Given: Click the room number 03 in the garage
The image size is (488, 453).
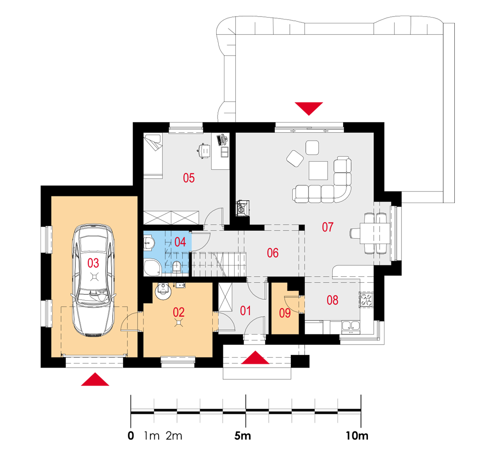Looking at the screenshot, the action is coord(93,263).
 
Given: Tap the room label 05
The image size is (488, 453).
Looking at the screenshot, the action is coord(188,178).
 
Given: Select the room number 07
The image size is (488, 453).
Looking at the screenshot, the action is coord(328,227).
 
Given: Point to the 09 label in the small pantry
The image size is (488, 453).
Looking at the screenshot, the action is coord(285,313).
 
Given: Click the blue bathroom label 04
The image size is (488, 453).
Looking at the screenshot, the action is coord(180,242).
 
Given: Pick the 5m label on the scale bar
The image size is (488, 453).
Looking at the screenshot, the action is coord(243,436).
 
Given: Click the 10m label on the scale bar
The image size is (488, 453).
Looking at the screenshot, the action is coord(357,436).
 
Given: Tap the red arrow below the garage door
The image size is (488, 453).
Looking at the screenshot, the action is coord(95,379).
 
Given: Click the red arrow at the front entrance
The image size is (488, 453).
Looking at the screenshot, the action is coord(255,358).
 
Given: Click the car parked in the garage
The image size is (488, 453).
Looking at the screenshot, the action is coord(93,280).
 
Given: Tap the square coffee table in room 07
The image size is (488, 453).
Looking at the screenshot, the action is coord(318,171).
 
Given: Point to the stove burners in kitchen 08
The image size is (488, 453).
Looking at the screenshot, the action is coord(366,300).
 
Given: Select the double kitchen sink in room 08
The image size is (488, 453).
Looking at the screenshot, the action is coord(351,326).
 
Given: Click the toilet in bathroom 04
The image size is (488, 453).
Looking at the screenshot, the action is coord(177,267).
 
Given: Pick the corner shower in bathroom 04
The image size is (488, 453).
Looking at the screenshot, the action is coord(152,267).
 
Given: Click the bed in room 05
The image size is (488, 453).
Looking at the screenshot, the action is coord(153,156).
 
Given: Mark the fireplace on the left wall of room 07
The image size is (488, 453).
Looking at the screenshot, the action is coord(242,208).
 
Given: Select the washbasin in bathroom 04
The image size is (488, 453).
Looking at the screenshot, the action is coord(149,243).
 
